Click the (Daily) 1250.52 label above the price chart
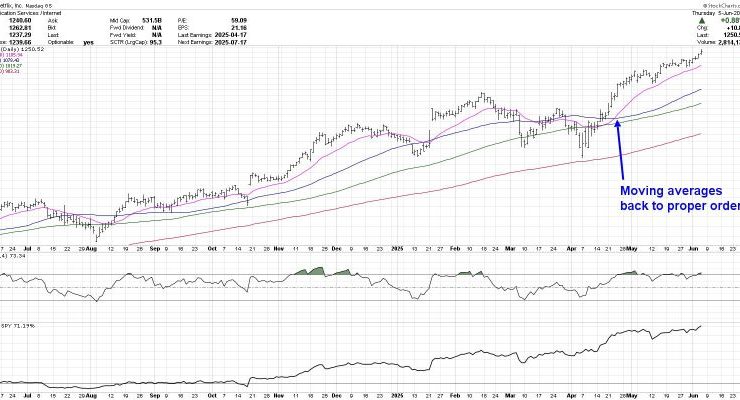tap(23, 49)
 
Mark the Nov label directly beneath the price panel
tap(277, 245)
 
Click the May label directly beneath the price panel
tap(632, 245)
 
